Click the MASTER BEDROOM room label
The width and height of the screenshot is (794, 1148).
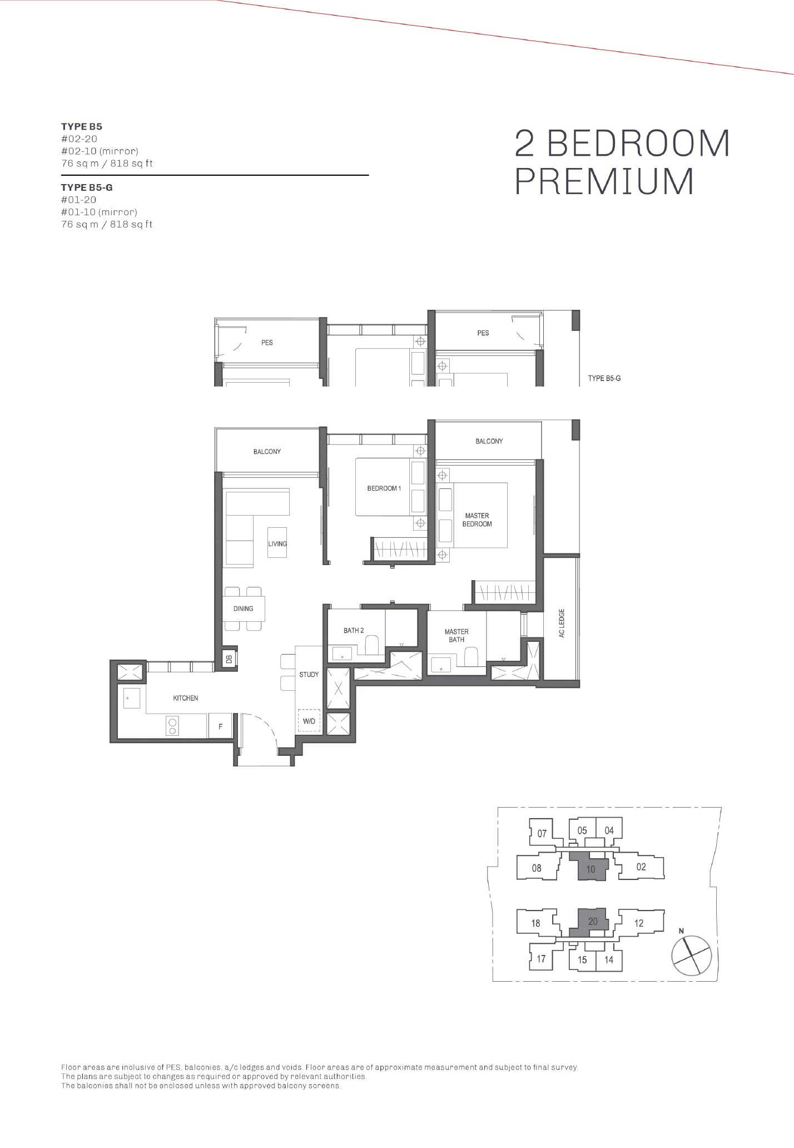pyautogui.click(x=477, y=519)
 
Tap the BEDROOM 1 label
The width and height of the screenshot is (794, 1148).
pyautogui.click(x=384, y=488)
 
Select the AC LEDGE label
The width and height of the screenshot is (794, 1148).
pyautogui.click(x=562, y=623)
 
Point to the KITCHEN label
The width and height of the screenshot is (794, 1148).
pyautogui.click(x=185, y=698)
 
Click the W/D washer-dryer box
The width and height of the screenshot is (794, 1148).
pyautogui.click(x=309, y=721)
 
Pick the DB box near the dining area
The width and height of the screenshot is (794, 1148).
pyautogui.click(x=229, y=659)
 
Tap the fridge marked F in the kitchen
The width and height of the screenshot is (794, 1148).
pyautogui.click(x=220, y=726)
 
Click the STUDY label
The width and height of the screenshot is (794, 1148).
pyautogui.click(x=309, y=675)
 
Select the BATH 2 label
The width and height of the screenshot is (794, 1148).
pyautogui.click(x=354, y=630)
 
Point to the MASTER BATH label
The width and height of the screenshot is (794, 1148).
pyautogui.click(x=456, y=635)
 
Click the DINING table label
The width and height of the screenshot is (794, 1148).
pyautogui.click(x=243, y=608)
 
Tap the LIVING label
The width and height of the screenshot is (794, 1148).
pyautogui.click(x=277, y=543)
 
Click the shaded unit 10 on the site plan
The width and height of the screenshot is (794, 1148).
pyautogui.click(x=590, y=867)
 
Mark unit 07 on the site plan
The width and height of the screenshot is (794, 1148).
pyautogui.click(x=542, y=833)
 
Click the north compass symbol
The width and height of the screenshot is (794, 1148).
pyautogui.click(x=691, y=954)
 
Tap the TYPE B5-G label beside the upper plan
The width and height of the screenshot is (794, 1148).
pyautogui.click(x=604, y=378)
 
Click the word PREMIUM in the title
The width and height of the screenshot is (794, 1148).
pyautogui.click(x=604, y=181)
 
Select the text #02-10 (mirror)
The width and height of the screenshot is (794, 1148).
pyautogui.click(x=100, y=151)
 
